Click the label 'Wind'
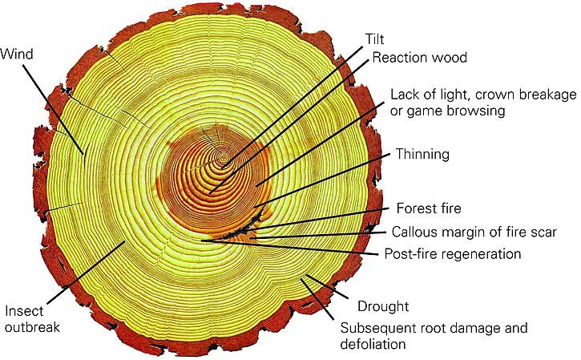click(x=16, y=55)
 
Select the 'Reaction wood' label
click(x=419, y=58)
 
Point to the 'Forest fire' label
click(x=429, y=209)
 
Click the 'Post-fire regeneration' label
click(x=452, y=254)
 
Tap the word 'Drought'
click(x=383, y=306)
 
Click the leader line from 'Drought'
click(x=329, y=290)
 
